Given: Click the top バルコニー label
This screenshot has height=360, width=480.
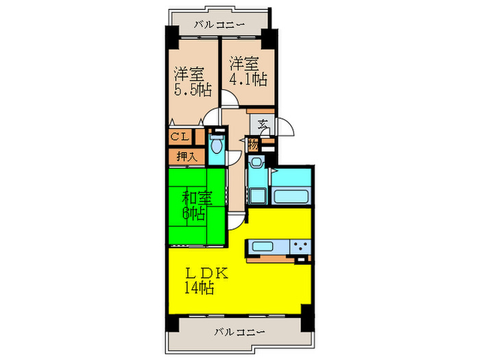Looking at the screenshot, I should tap(219, 24).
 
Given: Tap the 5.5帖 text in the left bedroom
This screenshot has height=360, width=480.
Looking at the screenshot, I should tap(192, 89).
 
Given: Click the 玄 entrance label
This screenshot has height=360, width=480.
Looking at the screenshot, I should tap(263, 125).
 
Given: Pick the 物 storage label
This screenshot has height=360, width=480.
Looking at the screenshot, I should tap(253, 145).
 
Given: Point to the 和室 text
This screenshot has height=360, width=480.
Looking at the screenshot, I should tap(196, 199).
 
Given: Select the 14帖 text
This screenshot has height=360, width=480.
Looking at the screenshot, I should tap(198, 288).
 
